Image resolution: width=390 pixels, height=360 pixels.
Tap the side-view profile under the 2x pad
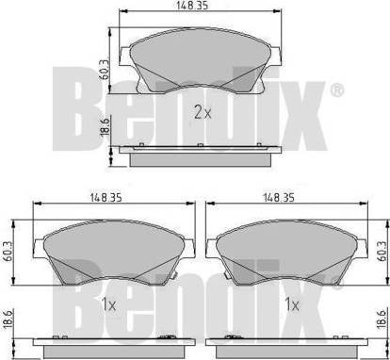(x=200, y=153)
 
